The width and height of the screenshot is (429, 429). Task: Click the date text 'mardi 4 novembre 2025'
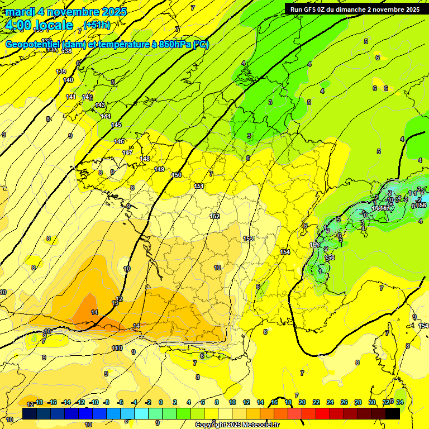(66, 12)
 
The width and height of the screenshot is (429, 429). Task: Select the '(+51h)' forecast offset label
(97, 25)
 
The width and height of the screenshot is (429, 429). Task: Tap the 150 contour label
(177, 175)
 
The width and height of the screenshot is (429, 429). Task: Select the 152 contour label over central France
(214, 216)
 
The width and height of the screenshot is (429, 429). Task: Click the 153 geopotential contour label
(249, 239)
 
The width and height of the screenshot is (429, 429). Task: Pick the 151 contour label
(199, 186)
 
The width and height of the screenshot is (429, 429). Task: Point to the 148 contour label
(145, 159)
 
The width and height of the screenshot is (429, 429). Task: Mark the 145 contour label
(116, 125)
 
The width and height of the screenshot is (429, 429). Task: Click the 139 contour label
(61, 71)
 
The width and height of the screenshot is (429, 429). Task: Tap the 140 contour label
(68, 80)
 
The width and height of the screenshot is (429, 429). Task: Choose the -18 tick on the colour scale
(39, 402)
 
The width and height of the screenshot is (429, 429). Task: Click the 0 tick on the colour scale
(161, 402)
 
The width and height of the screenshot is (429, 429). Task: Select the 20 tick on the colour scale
(302, 402)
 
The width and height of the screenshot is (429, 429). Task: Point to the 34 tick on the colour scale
(399, 402)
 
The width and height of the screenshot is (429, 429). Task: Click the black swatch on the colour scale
(393, 413)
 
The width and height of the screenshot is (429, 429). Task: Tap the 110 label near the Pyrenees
(117, 349)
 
